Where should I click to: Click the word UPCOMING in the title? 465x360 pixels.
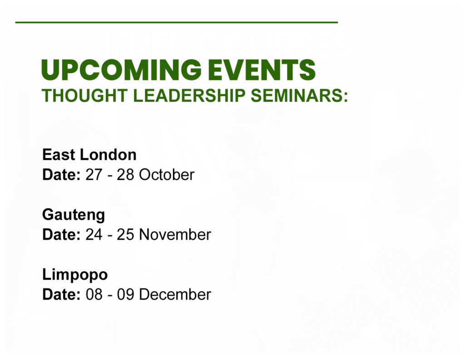[x=122, y=70]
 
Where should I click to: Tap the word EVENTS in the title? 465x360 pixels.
[x=262, y=70]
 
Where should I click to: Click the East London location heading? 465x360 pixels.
[x=89, y=155]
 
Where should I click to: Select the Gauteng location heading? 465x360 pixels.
[x=74, y=215]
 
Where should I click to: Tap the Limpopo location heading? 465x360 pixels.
[x=75, y=275]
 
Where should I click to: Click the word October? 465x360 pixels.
[x=167, y=175]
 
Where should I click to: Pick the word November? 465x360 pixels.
[x=175, y=235]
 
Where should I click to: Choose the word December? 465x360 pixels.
[x=175, y=295]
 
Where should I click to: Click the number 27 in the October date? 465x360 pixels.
[x=94, y=175]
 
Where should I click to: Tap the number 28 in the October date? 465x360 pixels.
[x=125, y=175]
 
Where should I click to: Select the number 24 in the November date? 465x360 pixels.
[x=94, y=235]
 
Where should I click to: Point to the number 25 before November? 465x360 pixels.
[x=125, y=235]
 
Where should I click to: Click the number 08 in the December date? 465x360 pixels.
[x=94, y=295]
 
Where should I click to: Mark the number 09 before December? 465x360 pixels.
[x=125, y=295]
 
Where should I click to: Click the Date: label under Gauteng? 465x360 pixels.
[x=61, y=235]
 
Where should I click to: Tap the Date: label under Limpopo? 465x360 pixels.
[x=61, y=295]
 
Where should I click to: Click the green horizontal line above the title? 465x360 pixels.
[x=177, y=22]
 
